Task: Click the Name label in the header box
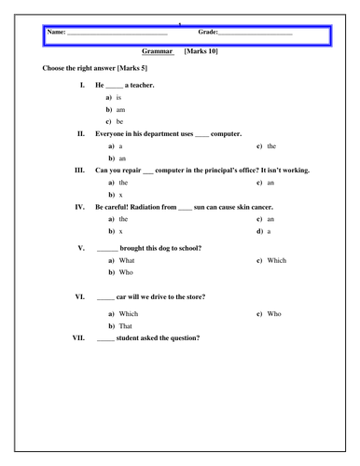pos(56,34)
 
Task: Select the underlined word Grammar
pos(159,54)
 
